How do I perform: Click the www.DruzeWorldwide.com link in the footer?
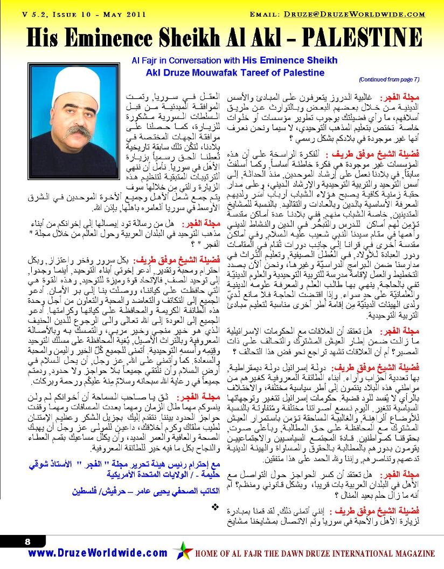pos(98,553)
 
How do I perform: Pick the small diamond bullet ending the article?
pos(216,506)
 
